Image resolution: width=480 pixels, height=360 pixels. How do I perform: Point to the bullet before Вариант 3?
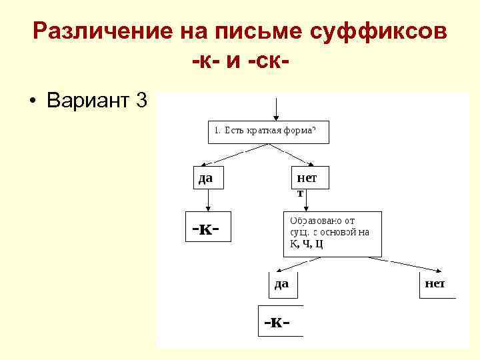tap(31, 102)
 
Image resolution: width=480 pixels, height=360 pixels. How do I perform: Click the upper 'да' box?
tap(208, 177)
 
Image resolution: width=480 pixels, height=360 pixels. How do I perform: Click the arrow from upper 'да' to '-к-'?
tap(208, 199)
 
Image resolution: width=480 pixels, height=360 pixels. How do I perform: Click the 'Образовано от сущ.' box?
tap(332, 233)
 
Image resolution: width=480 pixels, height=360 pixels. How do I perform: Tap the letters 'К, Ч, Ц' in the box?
tap(306, 243)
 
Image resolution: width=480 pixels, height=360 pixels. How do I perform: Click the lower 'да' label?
tap(281, 283)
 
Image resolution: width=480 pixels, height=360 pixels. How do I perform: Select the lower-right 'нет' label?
tap(434, 283)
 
